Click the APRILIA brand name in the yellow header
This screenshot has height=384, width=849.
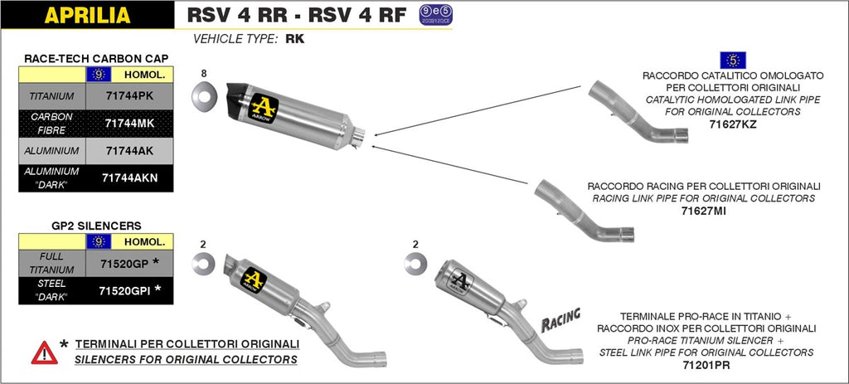[x=87, y=15]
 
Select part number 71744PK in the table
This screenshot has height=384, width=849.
[x=129, y=96]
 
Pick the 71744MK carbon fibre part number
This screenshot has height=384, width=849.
[x=129, y=123]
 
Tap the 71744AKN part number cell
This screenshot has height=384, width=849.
[x=129, y=177]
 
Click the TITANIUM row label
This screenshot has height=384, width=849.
[x=52, y=96]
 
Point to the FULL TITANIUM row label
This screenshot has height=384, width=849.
[x=52, y=264]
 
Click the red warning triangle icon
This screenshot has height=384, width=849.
[x=45, y=352]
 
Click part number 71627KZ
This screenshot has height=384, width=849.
[x=733, y=124]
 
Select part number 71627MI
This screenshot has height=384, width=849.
[x=704, y=211]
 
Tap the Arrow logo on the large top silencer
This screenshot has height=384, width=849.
[x=264, y=108]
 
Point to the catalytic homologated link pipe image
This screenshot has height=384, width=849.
[x=638, y=112]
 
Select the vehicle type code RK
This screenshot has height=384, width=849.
[x=294, y=38]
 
